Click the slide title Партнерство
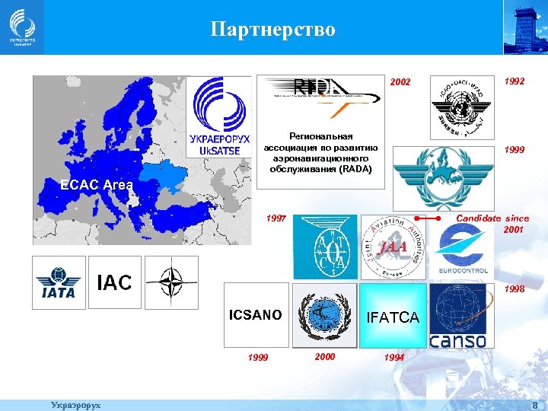click(272, 30)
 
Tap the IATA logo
click(59, 282)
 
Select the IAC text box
click(115, 282)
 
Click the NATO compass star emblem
click(170, 282)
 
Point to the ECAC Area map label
click(97, 184)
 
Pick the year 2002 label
click(400, 82)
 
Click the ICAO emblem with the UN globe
click(462, 106)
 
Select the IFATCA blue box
click(393, 317)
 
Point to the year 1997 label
click(276, 218)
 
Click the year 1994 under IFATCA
click(394, 357)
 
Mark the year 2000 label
click(325, 355)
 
